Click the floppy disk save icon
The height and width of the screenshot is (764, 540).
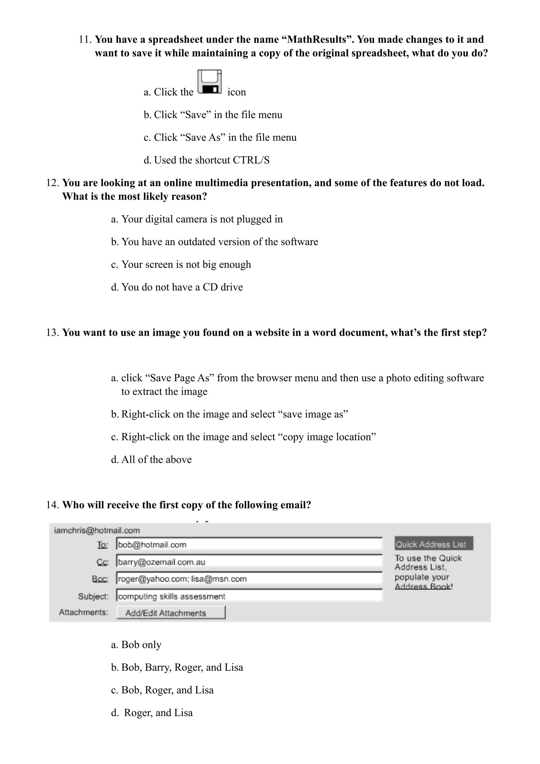point(209,82)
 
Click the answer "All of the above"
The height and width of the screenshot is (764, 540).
point(156,459)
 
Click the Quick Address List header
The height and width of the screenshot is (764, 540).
point(433,544)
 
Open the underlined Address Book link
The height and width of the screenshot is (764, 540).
point(423,586)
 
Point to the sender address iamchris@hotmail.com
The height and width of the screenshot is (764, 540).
point(97,530)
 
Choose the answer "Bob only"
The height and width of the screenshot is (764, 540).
point(141,645)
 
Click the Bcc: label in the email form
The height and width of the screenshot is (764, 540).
point(100,579)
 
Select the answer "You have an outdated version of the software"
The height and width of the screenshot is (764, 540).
point(219,242)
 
